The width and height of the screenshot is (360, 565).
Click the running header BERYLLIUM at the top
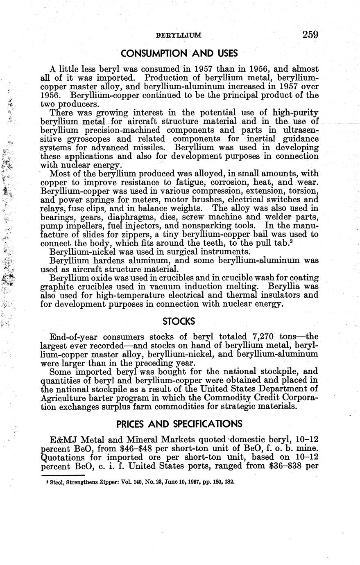click(x=179, y=36)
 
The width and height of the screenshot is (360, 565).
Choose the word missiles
click(x=148, y=147)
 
